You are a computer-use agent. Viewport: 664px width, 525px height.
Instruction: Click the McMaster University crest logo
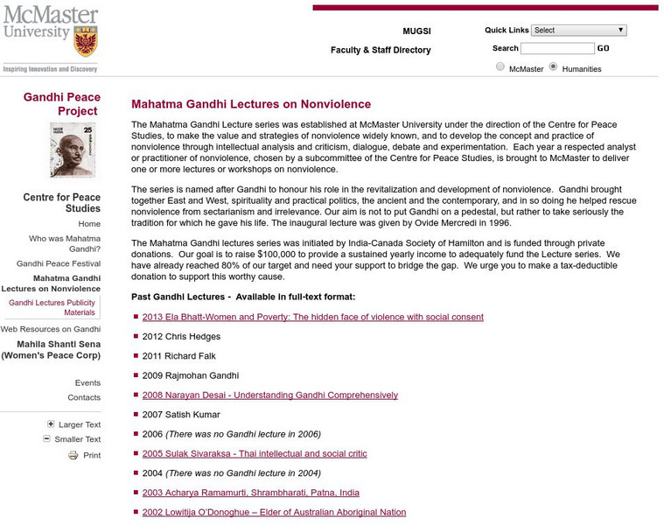coord(85,40)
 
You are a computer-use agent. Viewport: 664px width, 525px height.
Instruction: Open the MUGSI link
coord(416,31)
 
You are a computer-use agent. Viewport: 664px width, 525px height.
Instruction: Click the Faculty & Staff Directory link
coord(381,50)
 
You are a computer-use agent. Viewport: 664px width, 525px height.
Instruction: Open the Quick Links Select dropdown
coord(578,30)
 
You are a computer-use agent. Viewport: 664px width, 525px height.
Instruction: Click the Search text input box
coord(557,49)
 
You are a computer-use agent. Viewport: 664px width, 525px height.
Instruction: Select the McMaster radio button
coord(500,67)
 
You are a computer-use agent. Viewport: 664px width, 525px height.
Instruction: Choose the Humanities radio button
coord(553,67)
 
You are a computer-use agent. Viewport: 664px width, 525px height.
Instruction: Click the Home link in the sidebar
coord(89,224)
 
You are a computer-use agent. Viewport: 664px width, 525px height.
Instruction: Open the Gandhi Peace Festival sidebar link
coord(59,263)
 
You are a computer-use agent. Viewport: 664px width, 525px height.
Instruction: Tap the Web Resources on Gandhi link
coord(50,329)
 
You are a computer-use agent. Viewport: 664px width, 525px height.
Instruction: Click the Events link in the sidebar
coord(87,382)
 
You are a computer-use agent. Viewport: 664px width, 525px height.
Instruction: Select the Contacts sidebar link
coord(84,397)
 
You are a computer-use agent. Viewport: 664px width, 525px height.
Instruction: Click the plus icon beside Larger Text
coord(51,424)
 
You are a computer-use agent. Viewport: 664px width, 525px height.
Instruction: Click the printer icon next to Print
coord(73,455)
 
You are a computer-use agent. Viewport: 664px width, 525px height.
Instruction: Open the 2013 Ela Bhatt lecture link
coord(312,317)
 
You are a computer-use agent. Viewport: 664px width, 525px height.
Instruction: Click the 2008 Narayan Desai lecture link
coord(269,395)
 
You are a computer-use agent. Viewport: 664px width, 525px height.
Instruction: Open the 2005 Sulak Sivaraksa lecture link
coord(255,453)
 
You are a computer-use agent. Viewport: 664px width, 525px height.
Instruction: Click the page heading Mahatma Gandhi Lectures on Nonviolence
coord(251,104)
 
